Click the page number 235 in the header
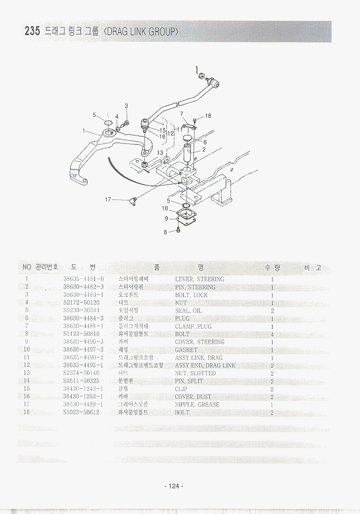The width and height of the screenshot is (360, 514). [x=32, y=32]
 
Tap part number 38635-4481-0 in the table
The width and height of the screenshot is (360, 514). [x=83, y=279]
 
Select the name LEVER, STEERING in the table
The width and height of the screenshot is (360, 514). [x=200, y=279]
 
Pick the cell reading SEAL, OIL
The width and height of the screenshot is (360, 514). [x=189, y=311]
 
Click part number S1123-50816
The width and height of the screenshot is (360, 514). [x=81, y=334]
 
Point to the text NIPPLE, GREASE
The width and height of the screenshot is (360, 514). [x=197, y=405]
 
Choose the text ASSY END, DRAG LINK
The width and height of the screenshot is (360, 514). [x=205, y=365]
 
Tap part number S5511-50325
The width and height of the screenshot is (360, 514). [x=81, y=381]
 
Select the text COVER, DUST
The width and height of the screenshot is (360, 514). [x=193, y=397]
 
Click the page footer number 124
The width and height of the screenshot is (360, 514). [x=173, y=486]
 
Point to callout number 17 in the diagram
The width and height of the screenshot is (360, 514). [x=108, y=200]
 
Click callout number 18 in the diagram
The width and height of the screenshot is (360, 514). [x=208, y=116]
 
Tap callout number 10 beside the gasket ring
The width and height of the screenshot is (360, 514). [x=165, y=208]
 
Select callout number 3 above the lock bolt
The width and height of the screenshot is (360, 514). [x=126, y=106]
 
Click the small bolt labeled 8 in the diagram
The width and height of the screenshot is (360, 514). [x=178, y=231]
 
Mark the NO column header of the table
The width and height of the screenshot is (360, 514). [x=27, y=267]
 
